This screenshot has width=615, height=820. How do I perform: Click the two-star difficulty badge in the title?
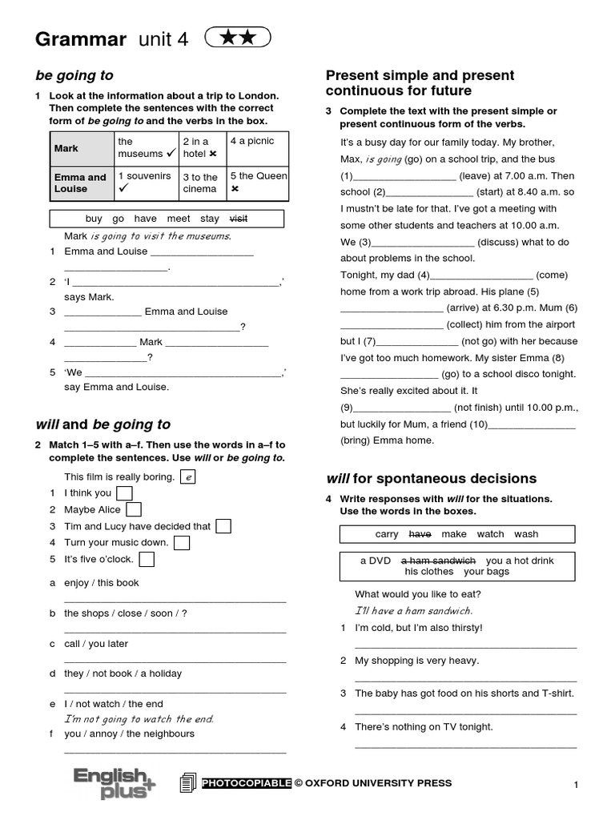click(x=238, y=38)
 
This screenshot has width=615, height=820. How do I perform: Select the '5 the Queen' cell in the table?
click(x=258, y=182)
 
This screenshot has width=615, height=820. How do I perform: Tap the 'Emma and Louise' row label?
click(x=80, y=183)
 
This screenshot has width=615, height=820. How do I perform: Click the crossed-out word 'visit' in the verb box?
click(x=239, y=219)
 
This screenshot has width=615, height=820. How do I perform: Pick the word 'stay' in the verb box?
click(x=210, y=219)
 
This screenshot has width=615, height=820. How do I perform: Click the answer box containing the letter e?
click(x=188, y=477)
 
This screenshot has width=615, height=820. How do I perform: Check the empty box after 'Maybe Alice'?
click(x=134, y=509)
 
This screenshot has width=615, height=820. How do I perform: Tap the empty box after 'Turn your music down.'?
click(x=182, y=543)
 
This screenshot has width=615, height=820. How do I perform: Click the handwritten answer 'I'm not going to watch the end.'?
click(x=139, y=719)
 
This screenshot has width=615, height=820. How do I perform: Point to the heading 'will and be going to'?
click(x=103, y=424)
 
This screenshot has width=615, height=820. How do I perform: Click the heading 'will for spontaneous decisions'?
click(x=431, y=479)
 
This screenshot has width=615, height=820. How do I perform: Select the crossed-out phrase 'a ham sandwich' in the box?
click(x=438, y=561)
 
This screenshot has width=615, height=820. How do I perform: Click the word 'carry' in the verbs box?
click(x=387, y=534)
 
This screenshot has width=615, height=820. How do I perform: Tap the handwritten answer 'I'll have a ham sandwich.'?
click(x=414, y=611)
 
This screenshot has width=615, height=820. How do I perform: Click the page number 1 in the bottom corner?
click(x=575, y=786)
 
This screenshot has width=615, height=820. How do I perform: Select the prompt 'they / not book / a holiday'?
click(x=123, y=673)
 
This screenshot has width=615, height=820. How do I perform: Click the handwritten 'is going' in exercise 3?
click(x=383, y=159)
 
